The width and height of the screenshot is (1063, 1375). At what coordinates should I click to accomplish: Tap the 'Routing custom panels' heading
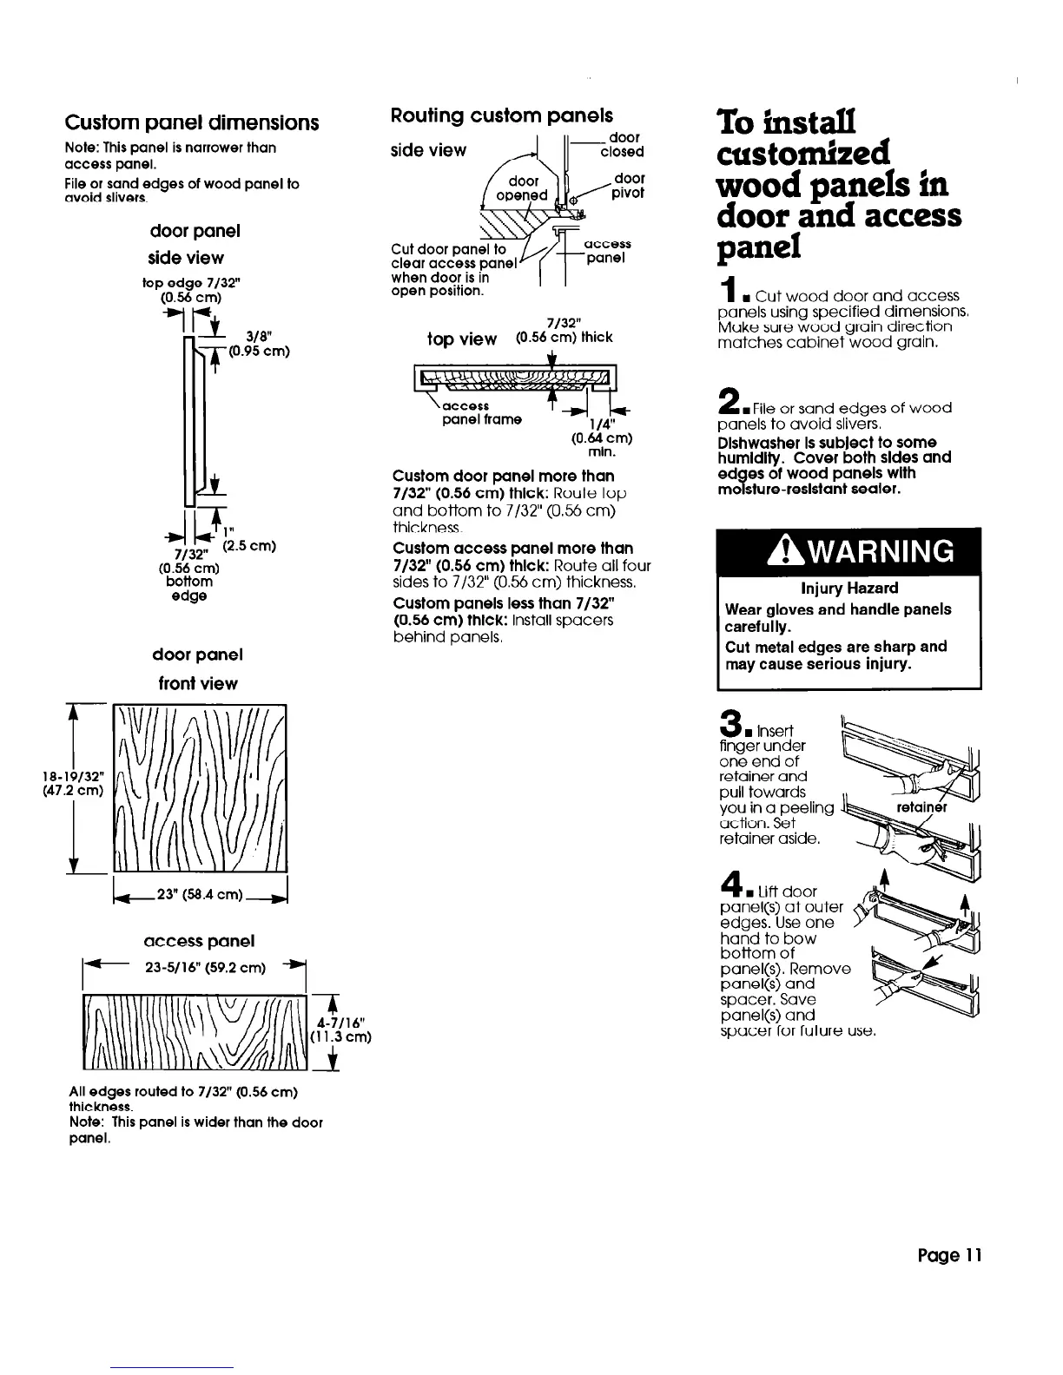tap(502, 115)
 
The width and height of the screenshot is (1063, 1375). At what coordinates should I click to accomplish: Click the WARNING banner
tap(848, 551)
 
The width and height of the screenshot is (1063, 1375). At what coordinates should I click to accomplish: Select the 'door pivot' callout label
tap(628, 185)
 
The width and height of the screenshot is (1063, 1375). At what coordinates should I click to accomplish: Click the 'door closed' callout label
tap(624, 145)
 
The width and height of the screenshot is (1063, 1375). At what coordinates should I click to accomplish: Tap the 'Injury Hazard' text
tap(848, 588)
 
